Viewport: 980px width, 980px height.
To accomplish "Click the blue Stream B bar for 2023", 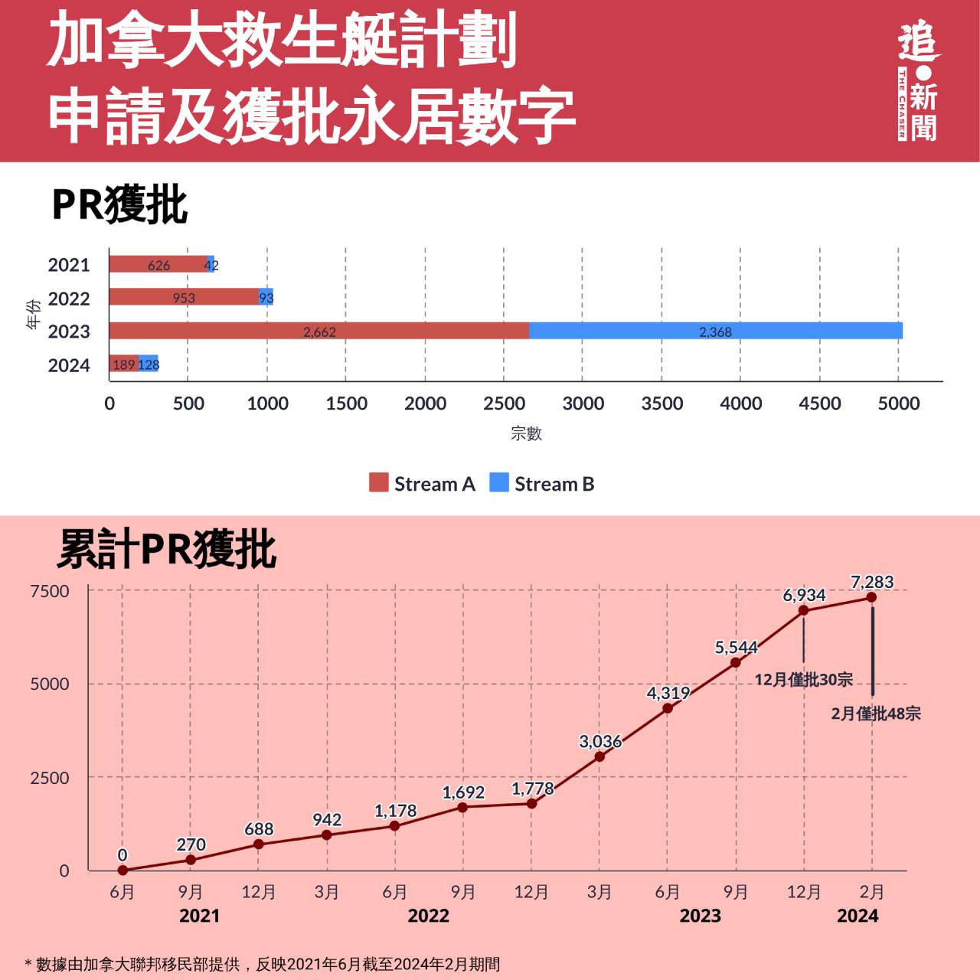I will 716,331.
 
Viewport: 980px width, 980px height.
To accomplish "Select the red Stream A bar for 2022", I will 184,297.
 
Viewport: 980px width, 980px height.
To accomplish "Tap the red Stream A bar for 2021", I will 158,264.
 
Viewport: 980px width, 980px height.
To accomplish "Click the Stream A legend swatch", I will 378,482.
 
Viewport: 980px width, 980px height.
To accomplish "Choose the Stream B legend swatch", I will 499,482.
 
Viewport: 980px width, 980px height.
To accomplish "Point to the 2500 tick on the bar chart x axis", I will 504,403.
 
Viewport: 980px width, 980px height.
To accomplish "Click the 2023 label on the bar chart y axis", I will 69,332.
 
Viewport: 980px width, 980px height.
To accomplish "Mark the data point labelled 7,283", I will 871,597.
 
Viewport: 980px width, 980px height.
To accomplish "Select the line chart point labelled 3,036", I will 599,756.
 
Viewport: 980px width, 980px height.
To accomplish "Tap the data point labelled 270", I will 191,860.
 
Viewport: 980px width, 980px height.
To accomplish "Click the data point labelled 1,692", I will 462,807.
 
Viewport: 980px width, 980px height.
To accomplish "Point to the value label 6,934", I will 804,595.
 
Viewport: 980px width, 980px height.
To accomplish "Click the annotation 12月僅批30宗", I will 803,679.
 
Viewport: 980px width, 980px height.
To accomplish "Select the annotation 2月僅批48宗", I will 876,714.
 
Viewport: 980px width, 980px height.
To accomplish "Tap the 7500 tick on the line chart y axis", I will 50,591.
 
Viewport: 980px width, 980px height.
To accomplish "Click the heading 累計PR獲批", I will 166,549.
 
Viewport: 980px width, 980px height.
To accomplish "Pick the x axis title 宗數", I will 526,433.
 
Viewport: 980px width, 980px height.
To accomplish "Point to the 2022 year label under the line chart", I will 428,916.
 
